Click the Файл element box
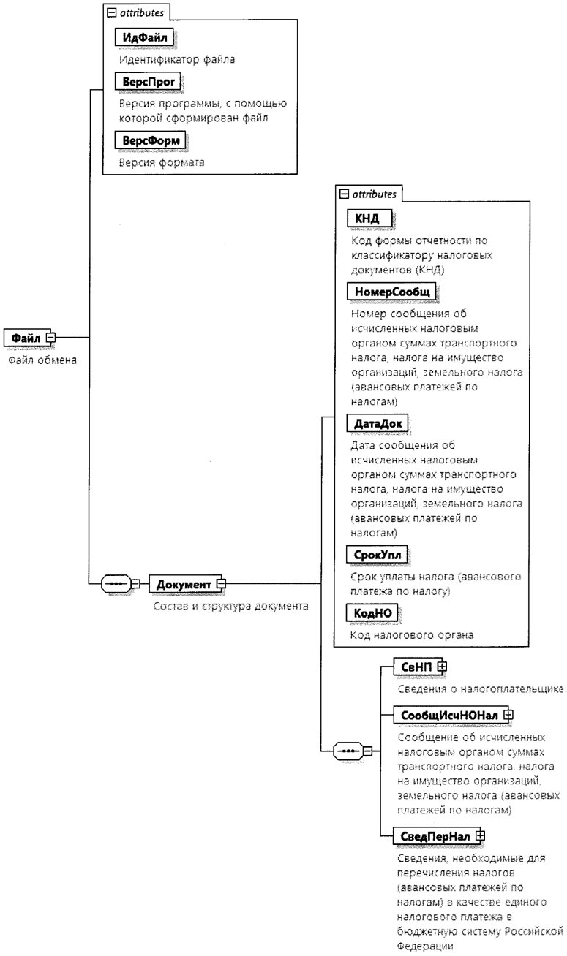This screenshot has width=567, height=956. [25, 338]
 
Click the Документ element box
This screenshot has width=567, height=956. [184, 584]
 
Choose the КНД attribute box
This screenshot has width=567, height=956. [367, 218]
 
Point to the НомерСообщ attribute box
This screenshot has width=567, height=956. [391, 292]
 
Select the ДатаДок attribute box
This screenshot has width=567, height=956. [377, 423]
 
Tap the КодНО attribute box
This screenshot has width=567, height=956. [371, 612]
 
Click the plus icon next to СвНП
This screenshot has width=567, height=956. [442, 666]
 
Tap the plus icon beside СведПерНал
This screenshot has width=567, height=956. [481, 834]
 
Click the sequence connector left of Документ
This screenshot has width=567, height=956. [117, 584]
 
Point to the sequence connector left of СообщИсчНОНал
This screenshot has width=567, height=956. [350, 751]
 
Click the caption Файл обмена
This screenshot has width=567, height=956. [42, 360]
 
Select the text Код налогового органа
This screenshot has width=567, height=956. [412, 634]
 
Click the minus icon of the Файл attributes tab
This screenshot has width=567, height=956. [111, 12]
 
